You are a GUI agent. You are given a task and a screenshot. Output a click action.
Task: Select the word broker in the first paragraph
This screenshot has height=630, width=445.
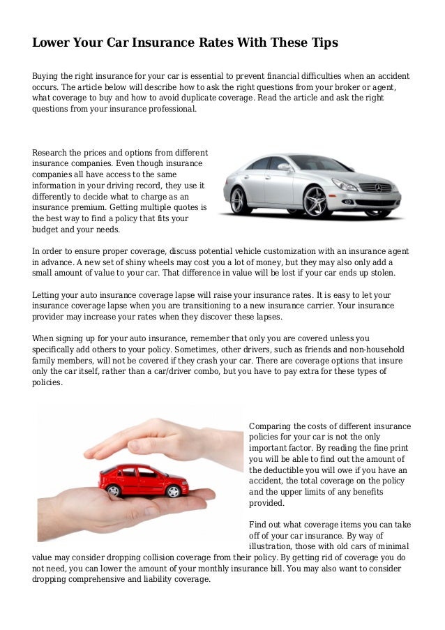point(335,87)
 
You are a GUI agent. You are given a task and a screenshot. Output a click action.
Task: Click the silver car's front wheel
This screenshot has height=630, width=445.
point(317,202)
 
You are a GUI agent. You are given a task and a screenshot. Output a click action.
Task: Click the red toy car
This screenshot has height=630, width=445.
point(143,480)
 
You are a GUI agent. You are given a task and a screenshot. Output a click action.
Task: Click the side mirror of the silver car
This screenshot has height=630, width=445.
point(283,167)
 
